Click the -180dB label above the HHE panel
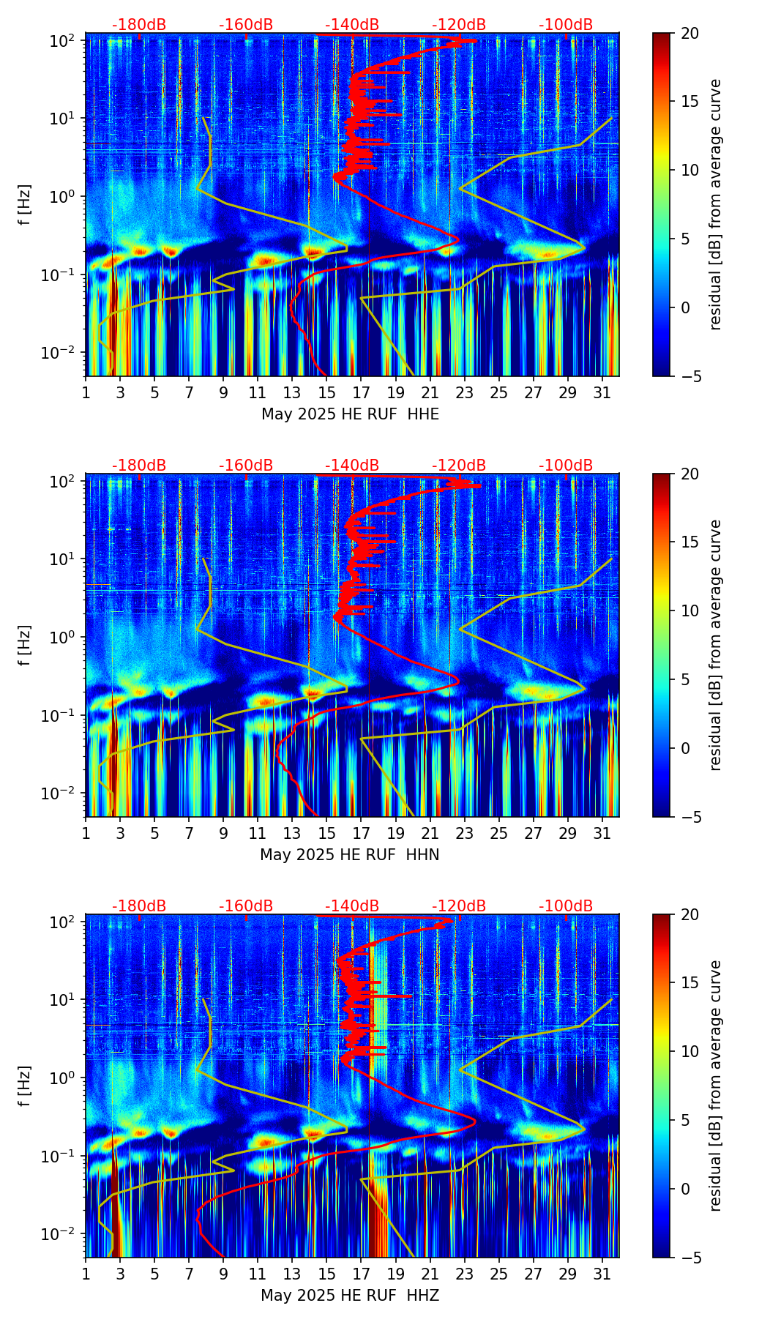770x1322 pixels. pos(139,25)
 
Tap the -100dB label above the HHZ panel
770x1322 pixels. pos(566,906)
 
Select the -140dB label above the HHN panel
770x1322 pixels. pos(352,466)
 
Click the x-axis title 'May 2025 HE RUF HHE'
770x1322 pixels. pos(350,414)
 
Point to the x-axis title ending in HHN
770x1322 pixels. pos(349,855)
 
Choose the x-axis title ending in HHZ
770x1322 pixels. pos(349,1296)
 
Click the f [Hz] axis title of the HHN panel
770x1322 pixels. pos(25,645)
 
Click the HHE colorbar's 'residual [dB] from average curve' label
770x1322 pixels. pos(715,204)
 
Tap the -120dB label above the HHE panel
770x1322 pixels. pos(459,25)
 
